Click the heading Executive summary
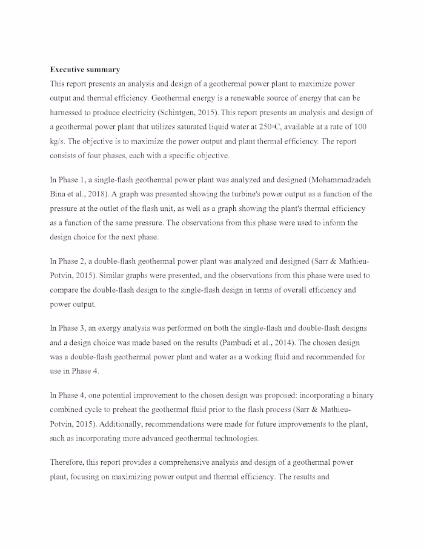point(85,70)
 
